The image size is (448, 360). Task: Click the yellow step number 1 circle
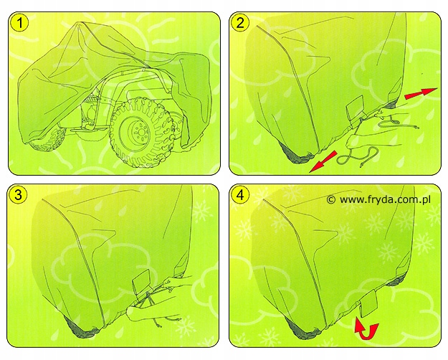(19, 23)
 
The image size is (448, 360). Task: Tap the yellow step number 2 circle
(240, 23)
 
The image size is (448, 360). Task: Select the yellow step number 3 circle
(18, 195)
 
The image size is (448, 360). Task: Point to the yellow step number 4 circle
(240, 195)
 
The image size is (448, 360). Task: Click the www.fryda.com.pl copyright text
(378, 199)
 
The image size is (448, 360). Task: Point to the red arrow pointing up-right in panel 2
(421, 93)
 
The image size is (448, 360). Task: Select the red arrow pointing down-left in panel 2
(323, 162)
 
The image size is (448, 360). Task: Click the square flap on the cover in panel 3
(142, 282)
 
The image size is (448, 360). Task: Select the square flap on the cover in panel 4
(370, 303)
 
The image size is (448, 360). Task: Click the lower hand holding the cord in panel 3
(140, 313)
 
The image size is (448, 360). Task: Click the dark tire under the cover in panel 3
(81, 329)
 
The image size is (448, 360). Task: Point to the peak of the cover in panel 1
(80, 24)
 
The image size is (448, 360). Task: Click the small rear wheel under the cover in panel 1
(47, 141)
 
